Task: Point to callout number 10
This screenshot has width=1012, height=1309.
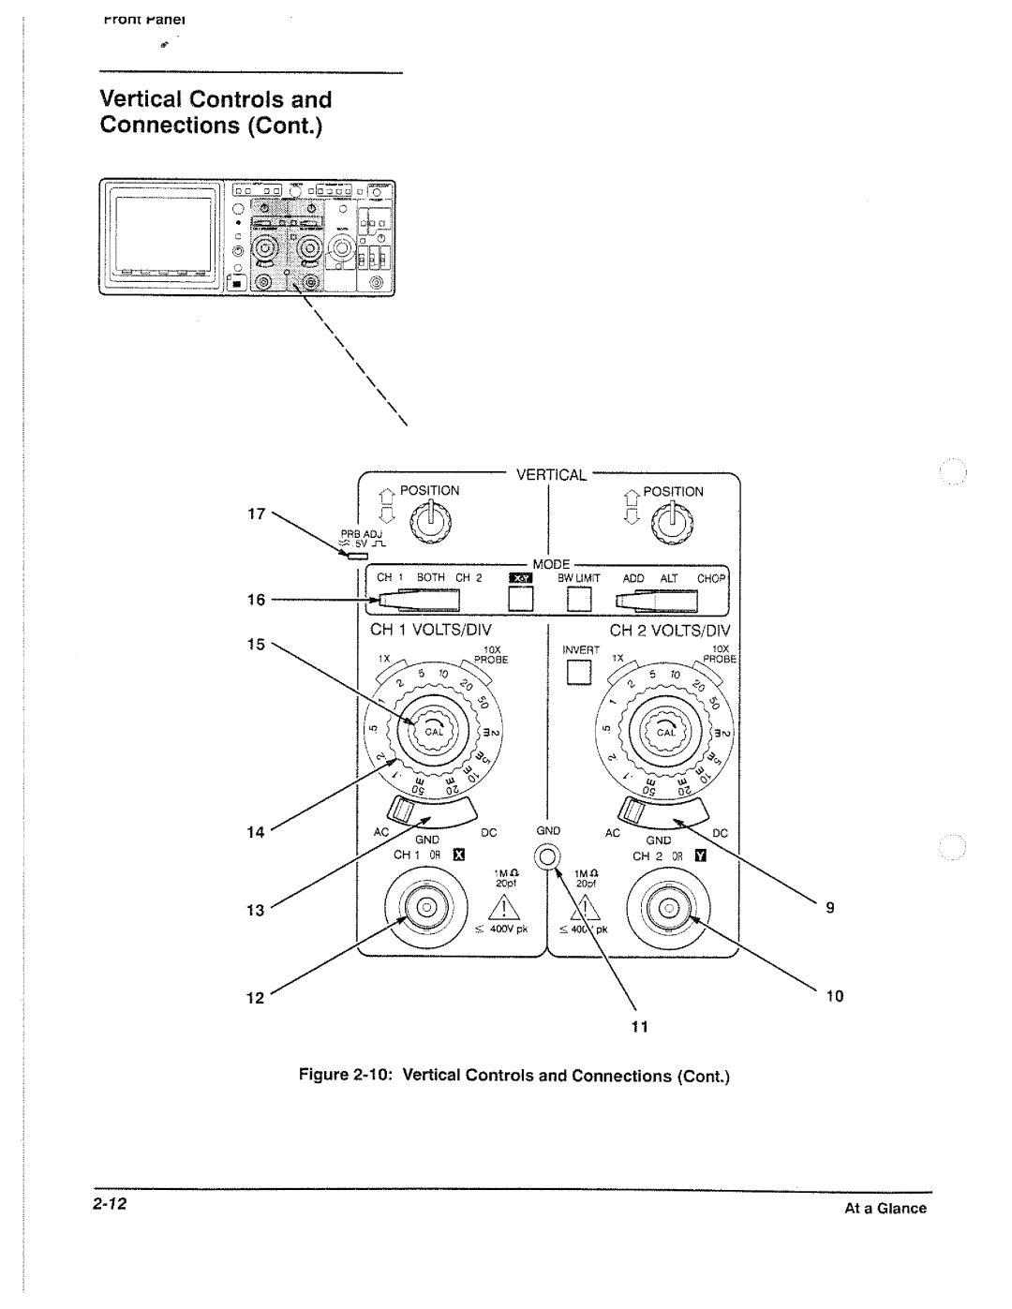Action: pyautogui.click(x=834, y=996)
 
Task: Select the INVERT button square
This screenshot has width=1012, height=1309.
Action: pyautogui.click(x=579, y=673)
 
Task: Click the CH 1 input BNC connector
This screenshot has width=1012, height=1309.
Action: pyautogui.click(x=424, y=906)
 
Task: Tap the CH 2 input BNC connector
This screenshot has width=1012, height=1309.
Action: pyautogui.click(x=668, y=907)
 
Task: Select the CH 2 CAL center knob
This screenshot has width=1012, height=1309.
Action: pyautogui.click(x=665, y=732)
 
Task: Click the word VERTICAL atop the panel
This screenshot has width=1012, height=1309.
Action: pyautogui.click(x=552, y=475)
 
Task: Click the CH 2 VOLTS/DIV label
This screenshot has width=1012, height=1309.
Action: pyautogui.click(x=669, y=632)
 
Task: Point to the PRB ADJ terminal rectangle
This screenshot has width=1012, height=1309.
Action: pyautogui.click(x=356, y=556)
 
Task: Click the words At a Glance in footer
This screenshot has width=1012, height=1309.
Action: pyautogui.click(x=885, y=1209)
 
